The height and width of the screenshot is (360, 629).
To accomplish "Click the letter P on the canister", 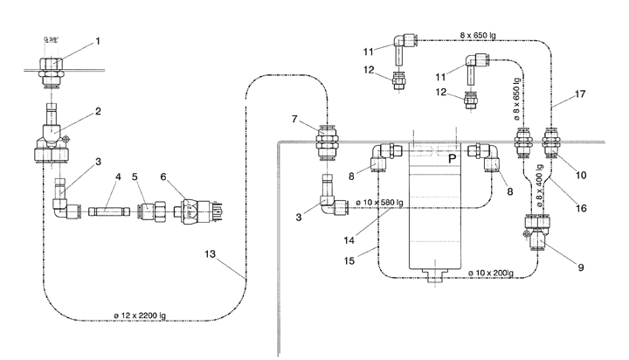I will pyautogui.click(x=452, y=160).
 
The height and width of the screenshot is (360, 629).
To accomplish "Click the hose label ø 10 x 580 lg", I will pyautogui.click(x=380, y=204).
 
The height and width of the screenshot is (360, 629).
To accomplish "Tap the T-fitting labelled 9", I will pyautogui.click(x=536, y=232).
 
